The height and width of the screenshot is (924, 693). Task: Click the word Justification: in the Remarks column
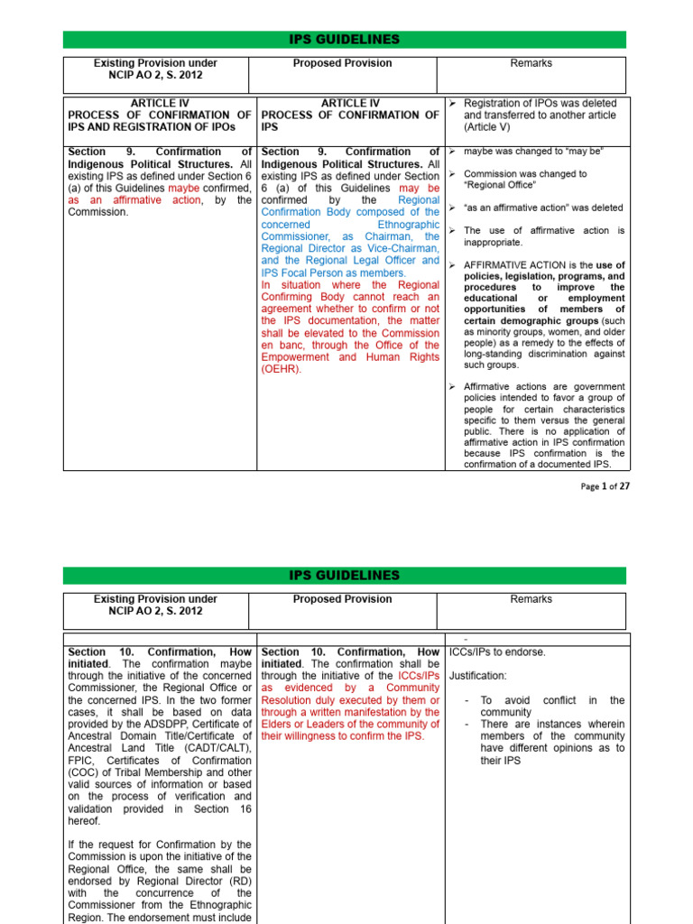point(485,675)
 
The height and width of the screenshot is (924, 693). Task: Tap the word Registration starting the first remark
point(494,103)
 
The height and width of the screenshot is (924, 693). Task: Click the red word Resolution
point(294,700)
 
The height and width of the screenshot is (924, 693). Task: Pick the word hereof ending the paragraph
point(85,821)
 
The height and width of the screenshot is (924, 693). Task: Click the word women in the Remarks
point(559,331)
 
